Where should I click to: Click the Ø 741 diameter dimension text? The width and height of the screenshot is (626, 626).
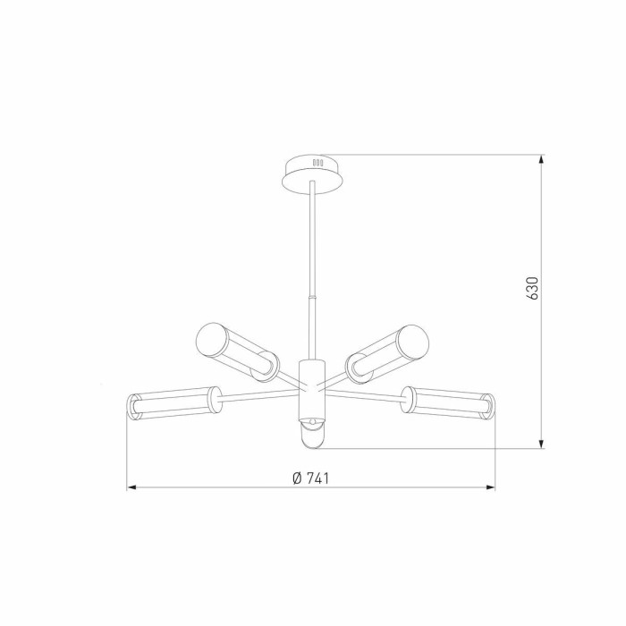311,478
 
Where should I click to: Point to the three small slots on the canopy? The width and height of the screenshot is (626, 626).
316,163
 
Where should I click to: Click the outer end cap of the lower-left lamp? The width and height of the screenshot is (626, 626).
133,407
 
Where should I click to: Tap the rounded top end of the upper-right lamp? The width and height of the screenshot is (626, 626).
419,337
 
